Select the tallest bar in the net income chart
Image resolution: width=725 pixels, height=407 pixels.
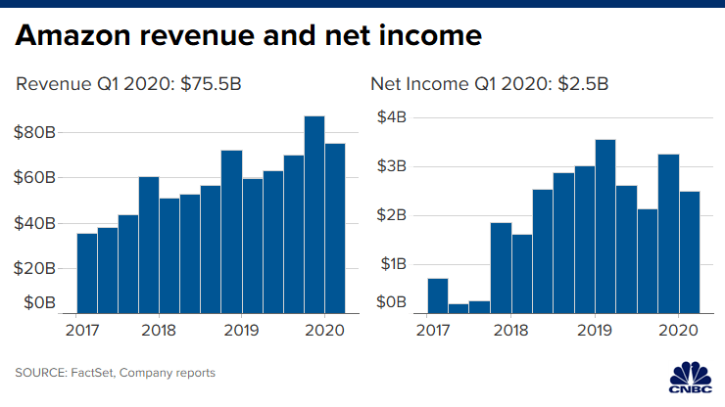605,226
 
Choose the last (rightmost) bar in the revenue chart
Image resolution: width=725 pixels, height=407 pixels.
335,228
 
